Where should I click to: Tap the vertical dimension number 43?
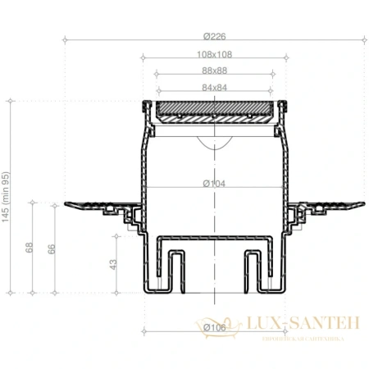[x=114, y=264]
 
